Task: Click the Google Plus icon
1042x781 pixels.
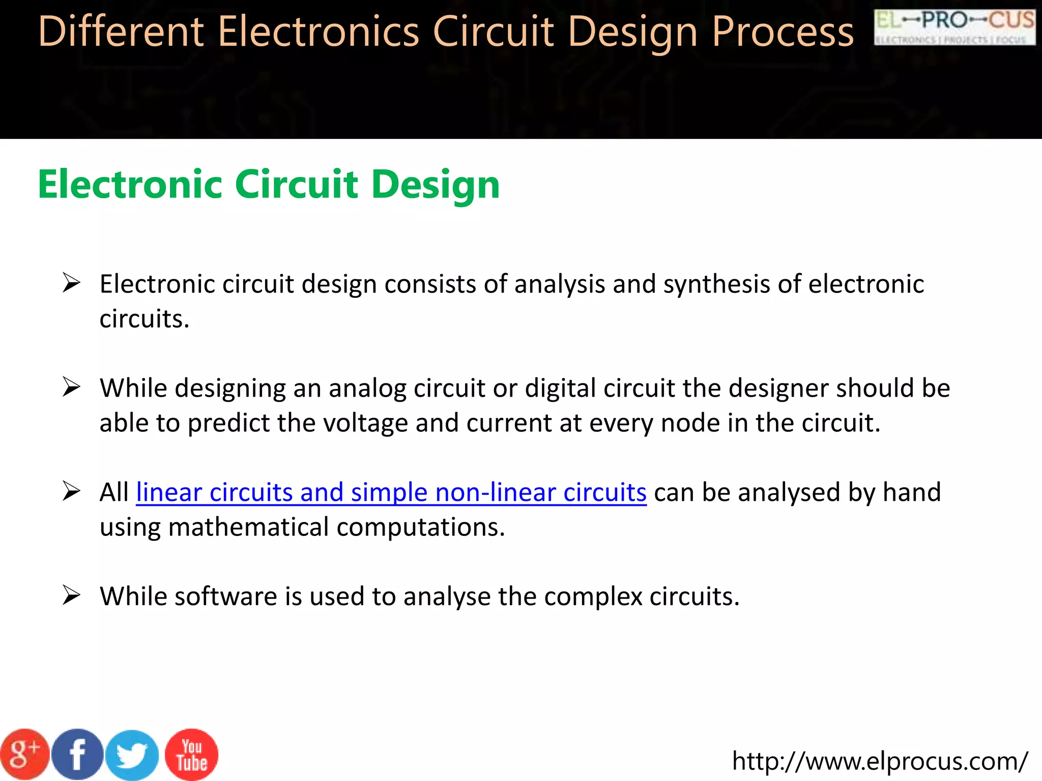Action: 24,755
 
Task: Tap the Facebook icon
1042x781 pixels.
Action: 78,755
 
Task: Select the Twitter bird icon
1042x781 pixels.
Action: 132,755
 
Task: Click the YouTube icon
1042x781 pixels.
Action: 192,755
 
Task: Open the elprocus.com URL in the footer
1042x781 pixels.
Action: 880,761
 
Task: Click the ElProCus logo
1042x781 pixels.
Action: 954,27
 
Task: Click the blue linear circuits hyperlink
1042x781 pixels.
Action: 391,492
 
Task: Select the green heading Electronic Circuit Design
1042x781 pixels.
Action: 269,184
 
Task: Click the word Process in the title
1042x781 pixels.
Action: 783,32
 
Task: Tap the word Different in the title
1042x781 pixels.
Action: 121,32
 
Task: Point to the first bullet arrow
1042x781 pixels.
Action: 71,283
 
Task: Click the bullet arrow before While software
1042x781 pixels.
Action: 71,595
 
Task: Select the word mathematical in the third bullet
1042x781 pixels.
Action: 248,527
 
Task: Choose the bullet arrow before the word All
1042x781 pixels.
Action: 71,491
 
